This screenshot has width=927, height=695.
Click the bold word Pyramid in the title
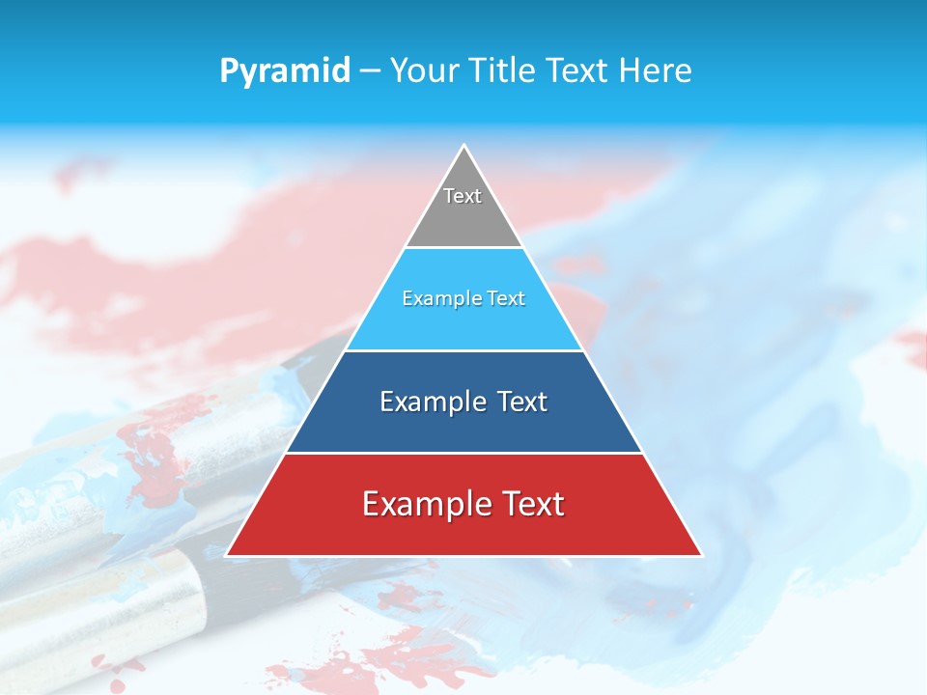284,71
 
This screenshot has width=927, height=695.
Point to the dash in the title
370,71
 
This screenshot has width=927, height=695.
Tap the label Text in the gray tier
463,196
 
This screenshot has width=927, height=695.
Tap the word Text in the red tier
531,504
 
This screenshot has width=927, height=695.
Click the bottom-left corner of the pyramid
228,555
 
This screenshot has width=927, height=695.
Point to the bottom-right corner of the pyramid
700,555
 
